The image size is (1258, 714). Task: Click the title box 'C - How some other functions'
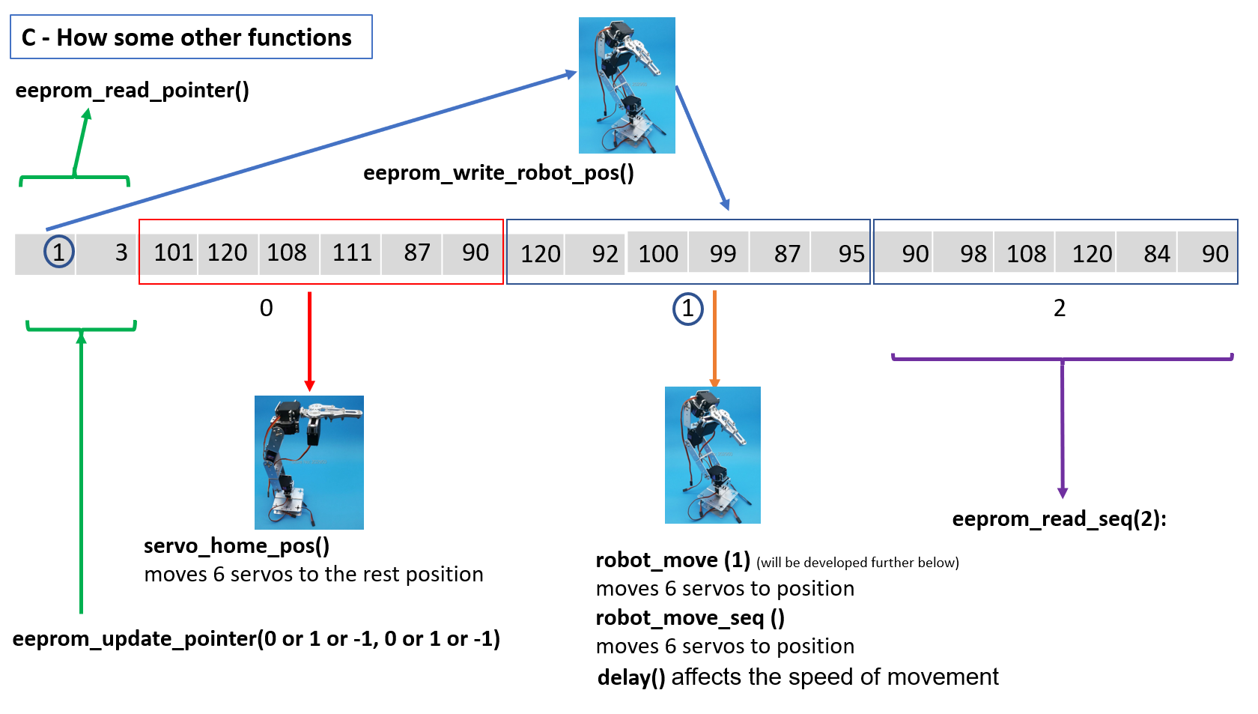(191, 37)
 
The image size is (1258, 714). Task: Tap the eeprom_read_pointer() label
(132, 91)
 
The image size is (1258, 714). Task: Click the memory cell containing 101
(173, 252)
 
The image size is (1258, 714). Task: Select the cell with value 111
(352, 252)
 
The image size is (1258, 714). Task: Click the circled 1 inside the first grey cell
(59, 252)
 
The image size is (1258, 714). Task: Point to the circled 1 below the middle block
(687, 309)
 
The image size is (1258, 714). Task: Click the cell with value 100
(657, 254)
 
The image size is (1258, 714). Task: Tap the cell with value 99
(722, 254)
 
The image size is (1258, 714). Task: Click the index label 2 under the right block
(1059, 308)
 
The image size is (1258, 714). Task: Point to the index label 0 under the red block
(266, 308)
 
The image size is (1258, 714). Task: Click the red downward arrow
(309, 341)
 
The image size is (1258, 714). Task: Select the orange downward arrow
(714, 337)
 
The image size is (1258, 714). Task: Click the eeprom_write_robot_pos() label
(498, 173)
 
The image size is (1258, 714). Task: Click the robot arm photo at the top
(627, 85)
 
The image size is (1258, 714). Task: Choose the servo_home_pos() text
(237, 545)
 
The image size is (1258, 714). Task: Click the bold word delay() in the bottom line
(631, 677)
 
